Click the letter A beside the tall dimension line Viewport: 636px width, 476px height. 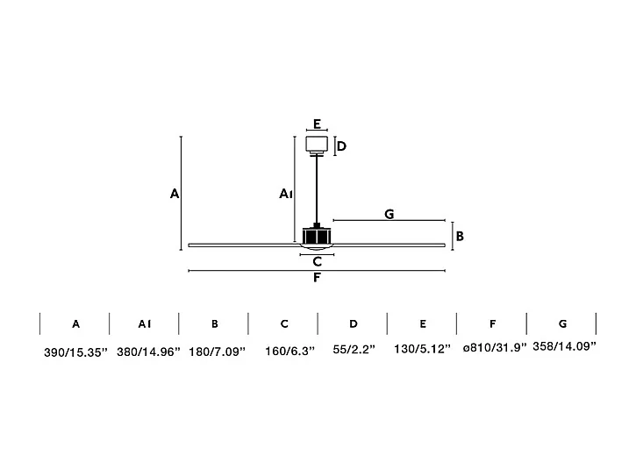click(x=175, y=194)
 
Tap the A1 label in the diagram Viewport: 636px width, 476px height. click(x=285, y=194)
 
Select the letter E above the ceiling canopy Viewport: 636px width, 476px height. click(x=317, y=124)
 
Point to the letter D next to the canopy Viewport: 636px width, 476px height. click(x=341, y=146)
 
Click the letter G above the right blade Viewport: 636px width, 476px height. click(x=389, y=213)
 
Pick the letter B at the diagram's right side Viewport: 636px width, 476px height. click(x=460, y=236)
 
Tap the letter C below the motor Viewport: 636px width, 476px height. click(x=318, y=261)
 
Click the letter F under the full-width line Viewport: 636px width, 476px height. click(x=317, y=279)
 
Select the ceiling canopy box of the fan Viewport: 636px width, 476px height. click(x=317, y=145)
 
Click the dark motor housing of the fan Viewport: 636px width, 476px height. click(x=317, y=235)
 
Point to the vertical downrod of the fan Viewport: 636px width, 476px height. click(x=317, y=188)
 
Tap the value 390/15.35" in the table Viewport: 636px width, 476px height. click(x=75, y=352)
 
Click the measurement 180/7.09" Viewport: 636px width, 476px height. click(x=216, y=352)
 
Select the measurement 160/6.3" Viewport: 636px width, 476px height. click(x=284, y=352)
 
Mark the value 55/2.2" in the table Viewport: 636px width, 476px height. click(x=354, y=350)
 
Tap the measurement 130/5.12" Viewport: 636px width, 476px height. click(x=423, y=350)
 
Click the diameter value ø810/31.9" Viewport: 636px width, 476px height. click(x=494, y=348)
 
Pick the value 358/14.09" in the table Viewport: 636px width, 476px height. click(x=564, y=346)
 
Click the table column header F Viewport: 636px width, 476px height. click(x=493, y=323)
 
